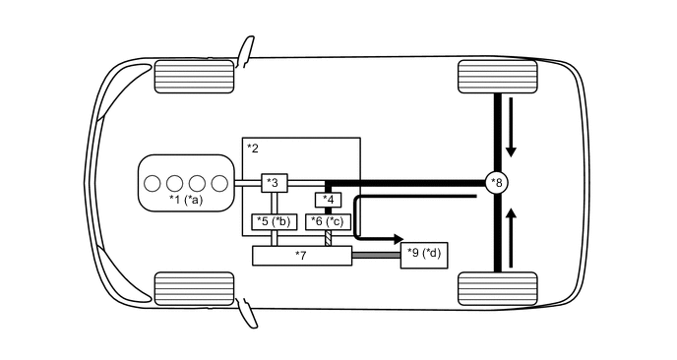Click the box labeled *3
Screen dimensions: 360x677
274,183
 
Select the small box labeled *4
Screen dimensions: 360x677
329,201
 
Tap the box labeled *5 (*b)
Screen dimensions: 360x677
273,221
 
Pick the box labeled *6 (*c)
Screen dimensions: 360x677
328,221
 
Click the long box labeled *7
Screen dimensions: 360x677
302,256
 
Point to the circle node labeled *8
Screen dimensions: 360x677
498,182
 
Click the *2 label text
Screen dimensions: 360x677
253,149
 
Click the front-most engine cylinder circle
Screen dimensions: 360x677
153,183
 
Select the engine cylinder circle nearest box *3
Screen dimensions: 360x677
219,183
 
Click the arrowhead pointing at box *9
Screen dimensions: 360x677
397,238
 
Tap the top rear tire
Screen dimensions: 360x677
497,76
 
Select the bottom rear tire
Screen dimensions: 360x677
497,289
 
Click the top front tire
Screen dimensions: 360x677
194,76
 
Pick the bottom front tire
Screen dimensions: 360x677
194,289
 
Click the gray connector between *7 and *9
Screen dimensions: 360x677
376,256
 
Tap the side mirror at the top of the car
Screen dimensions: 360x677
244,48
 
